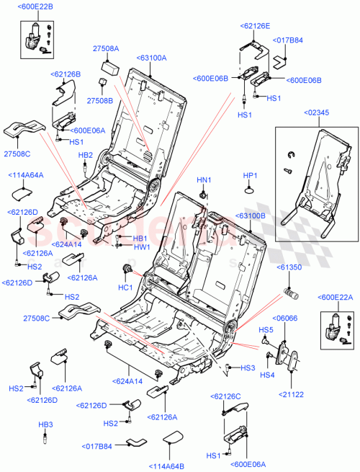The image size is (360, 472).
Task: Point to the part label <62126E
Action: click(x=255, y=25)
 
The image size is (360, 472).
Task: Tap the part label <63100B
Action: click(x=248, y=215)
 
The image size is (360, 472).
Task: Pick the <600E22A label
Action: click(x=334, y=297)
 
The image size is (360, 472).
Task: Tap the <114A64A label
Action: click(x=25, y=174)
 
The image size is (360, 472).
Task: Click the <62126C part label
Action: click(x=227, y=396)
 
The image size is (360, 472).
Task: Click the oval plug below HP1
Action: click(x=250, y=190)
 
